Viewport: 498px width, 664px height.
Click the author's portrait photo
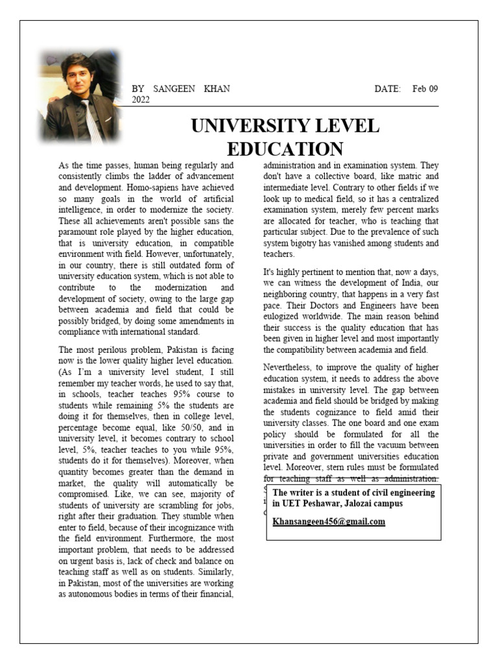click(x=80, y=97)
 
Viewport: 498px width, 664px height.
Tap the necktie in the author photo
click(x=90, y=120)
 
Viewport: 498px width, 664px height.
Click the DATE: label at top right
click(x=388, y=89)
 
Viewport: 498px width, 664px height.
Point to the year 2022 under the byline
click(x=141, y=100)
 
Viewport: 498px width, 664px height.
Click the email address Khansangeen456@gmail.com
click(x=329, y=521)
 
